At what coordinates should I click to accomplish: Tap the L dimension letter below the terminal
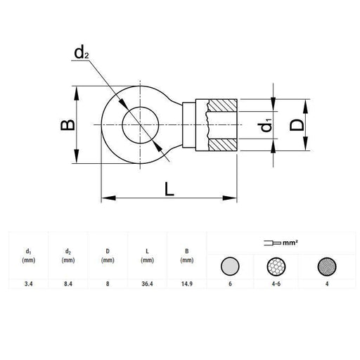[169, 188]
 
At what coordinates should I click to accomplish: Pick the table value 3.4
[28, 284]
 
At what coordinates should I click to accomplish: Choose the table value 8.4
[68, 284]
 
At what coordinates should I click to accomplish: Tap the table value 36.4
[148, 284]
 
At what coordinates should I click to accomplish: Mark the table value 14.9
[186, 284]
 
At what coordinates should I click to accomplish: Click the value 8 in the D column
[108, 284]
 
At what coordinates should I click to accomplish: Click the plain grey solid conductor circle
[230, 266]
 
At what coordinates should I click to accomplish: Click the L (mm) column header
[147, 255]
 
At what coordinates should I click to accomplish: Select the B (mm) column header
[186, 255]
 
